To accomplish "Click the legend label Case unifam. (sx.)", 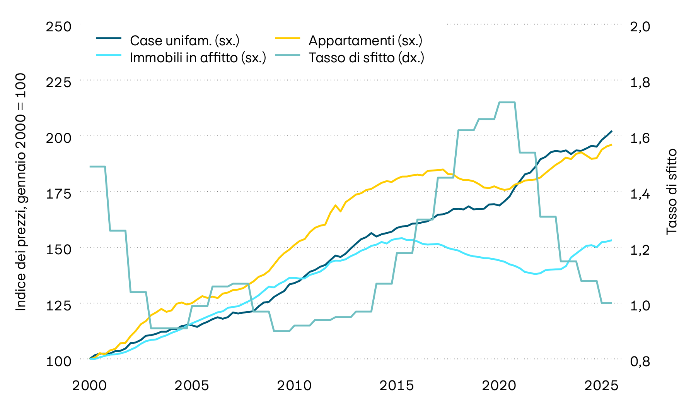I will (x=184, y=40).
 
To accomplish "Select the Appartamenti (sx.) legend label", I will (x=365, y=40).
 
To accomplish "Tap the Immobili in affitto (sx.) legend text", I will (x=198, y=58).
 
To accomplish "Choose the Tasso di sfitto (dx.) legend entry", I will (x=366, y=58).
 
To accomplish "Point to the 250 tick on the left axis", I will (x=59, y=27).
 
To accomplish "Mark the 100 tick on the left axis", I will (x=59, y=361).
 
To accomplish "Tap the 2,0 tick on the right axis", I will (x=640, y=27).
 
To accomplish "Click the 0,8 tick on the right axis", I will (x=640, y=361).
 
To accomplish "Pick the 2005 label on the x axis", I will (x=192, y=385).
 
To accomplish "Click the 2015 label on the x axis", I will (x=396, y=385).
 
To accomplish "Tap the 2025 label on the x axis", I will (x=601, y=385).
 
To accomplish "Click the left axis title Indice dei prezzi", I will (x=21, y=192).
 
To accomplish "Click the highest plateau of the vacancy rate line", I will (x=507, y=102).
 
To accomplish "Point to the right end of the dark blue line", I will (x=611, y=131).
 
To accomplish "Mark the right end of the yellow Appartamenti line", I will (x=611, y=145).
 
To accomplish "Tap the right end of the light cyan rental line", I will (x=611, y=240).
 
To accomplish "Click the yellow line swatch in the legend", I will (x=288, y=38).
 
